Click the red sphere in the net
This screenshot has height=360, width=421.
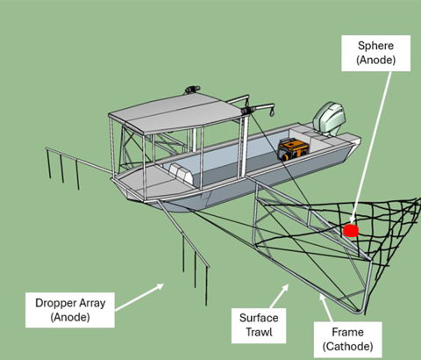(x=351, y=230)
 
